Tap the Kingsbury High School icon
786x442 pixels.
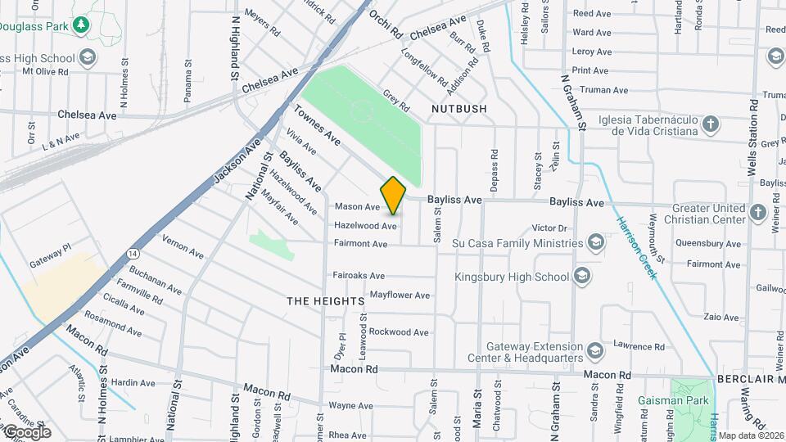[x=582, y=276]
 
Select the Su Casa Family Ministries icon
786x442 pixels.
[x=596, y=242]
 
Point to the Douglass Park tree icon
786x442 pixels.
[x=80, y=25]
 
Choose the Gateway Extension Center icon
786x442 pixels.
[x=594, y=351]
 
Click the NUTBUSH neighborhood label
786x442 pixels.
[x=459, y=108]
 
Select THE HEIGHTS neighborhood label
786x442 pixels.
[x=326, y=301]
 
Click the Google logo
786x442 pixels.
[x=27, y=432]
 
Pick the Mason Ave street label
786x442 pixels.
[x=357, y=207]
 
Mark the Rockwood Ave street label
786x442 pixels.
[x=399, y=331]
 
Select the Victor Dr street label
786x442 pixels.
[x=549, y=228]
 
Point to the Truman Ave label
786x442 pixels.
[x=599, y=90]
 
